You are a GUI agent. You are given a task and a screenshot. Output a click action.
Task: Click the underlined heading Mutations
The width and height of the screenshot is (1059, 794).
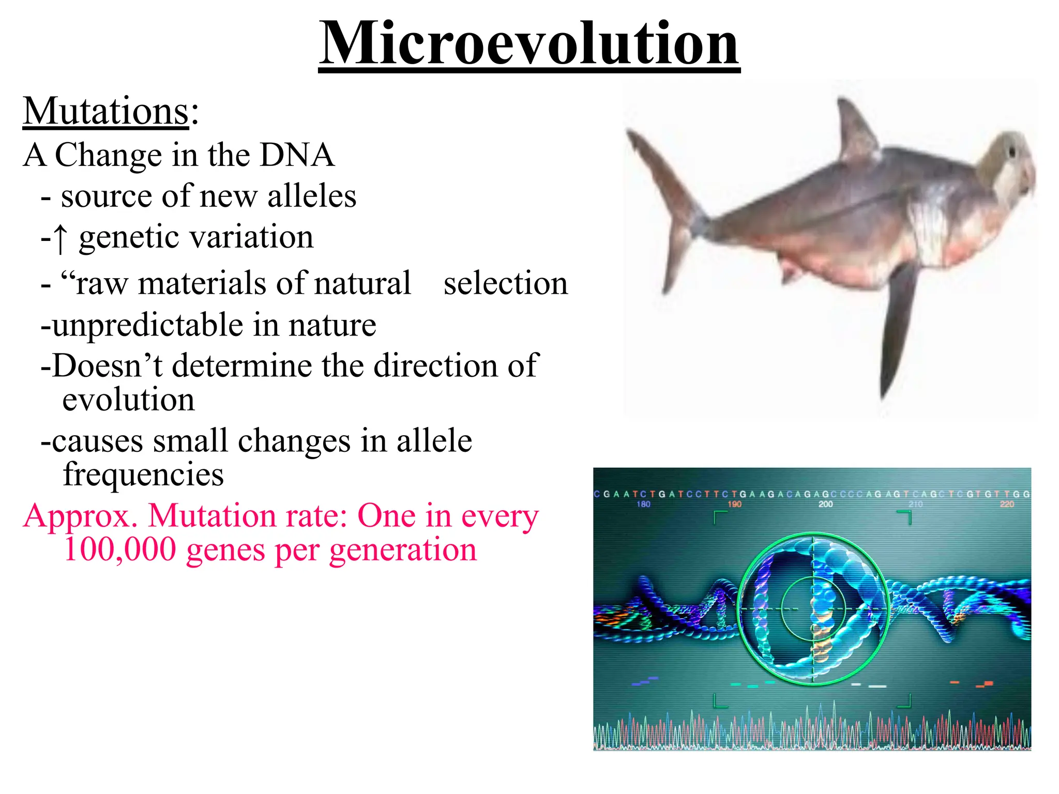click(x=106, y=111)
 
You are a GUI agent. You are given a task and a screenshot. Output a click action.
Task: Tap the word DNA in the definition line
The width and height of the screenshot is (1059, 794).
click(x=297, y=155)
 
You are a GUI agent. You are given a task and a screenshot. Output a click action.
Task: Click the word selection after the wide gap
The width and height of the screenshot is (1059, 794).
click(x=505, y=283)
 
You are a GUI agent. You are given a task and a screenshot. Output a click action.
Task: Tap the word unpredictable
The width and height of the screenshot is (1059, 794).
click(x=148, y=326)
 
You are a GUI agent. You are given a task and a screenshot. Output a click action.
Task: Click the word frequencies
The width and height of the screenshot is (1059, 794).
click(x=143, y=475)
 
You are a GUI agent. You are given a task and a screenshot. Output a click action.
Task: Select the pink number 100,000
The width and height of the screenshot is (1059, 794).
click(x=120, y=549)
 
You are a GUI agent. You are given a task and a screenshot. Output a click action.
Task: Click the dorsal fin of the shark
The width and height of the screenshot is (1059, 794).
click(x=856, y=129)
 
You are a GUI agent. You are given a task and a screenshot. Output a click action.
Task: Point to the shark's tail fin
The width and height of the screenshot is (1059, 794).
click(x=667, y=207)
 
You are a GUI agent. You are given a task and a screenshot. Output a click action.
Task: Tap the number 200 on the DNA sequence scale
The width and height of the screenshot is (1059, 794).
click(x=825, y=504)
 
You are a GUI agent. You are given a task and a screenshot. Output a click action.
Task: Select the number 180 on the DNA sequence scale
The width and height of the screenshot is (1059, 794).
click(x=643, y=504)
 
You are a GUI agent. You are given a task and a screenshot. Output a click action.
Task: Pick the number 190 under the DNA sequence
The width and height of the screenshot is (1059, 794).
click(x=734, y=504)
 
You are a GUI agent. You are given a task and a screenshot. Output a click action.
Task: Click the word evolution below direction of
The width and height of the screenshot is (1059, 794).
click(x=128, y=400)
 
